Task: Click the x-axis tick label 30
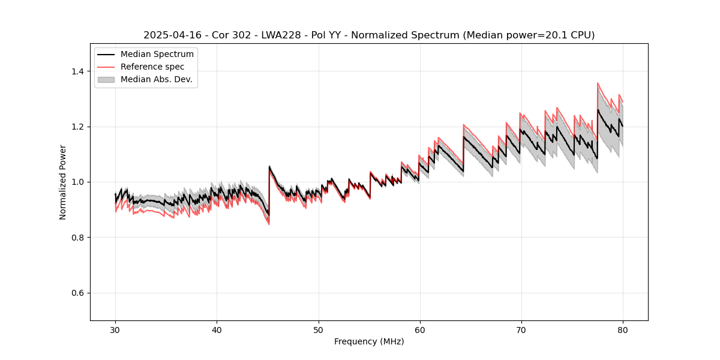pyautogui.click(x=115, y=329)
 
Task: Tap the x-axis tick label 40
pyautogui.click(x=217, y=329)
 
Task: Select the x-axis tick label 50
pyautogui.click(x=318, y=329)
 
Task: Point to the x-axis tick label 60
pyautogui.click(x=419, y=329)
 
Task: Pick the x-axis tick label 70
pyautogui.click(x=521, y=329)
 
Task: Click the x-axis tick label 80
pyautogui.click(x=622, y=329)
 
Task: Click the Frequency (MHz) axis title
pyautogui.click(x=369, y=341)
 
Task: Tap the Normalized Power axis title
pyautogui.click(x=63, y=182)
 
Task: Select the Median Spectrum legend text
pyautogui.click(x=157, y=55)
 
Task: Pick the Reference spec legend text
pyautogui.click(x=152, y=67)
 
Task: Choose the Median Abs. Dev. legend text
pyautogui.click(x=156, y=79)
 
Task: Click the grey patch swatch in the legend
pyautogui.click(x=106, y=79)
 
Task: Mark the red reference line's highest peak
pyautogui.click(x=598, y=83)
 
